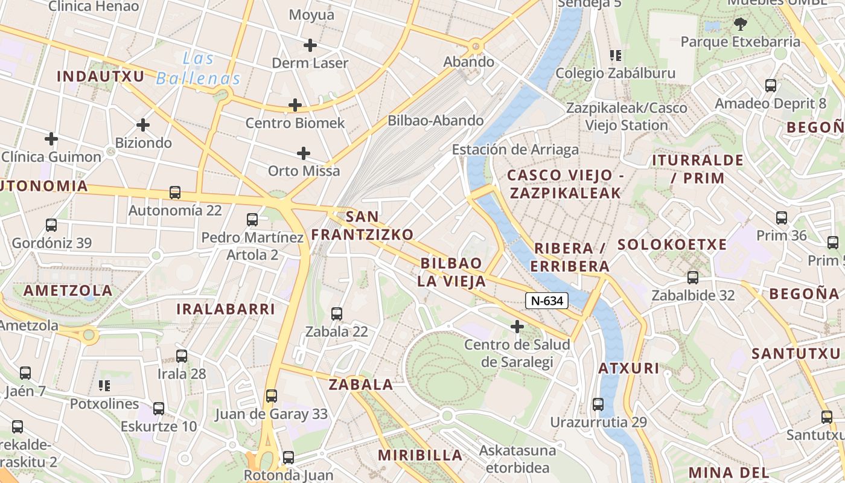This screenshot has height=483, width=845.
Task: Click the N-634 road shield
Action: click(x=547, y=300)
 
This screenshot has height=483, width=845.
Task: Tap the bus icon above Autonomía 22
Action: click(x=175, y=193)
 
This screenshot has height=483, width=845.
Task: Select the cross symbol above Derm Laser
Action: click(x=310, y=45)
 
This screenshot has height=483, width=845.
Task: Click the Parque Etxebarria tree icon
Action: click(x=740, y=24)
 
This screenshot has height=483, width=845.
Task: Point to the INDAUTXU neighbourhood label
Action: click(x=101, y=76)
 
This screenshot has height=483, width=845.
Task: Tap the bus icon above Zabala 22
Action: click(x=337, y=314)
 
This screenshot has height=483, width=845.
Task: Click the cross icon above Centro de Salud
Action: click(x=517, y=327)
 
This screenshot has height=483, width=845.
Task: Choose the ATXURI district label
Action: click(x=629, y=368)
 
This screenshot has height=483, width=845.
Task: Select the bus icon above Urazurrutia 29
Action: click(x=598, y=405)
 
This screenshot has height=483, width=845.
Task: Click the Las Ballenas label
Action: click(x=199, y=69)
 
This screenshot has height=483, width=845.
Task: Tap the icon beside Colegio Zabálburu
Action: click(x=616, y=56)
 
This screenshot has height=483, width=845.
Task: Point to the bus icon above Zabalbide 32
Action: click(x=693, y=278)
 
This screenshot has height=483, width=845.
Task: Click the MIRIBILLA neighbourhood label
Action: click(x=421, y=455)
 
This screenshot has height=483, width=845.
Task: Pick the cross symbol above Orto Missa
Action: click(x=304, y=153)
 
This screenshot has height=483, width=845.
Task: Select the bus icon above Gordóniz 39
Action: click(x=51, y=225)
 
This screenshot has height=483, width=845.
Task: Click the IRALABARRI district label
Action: click(x=226, y=309)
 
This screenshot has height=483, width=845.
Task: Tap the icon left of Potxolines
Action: click(x=104, y=385)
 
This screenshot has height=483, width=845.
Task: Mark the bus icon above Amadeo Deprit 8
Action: click(x=771, y=86)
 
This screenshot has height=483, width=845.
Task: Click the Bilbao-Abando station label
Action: click(x=436, y=120)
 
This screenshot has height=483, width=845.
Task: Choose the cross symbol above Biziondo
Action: click(x=143, y=125)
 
